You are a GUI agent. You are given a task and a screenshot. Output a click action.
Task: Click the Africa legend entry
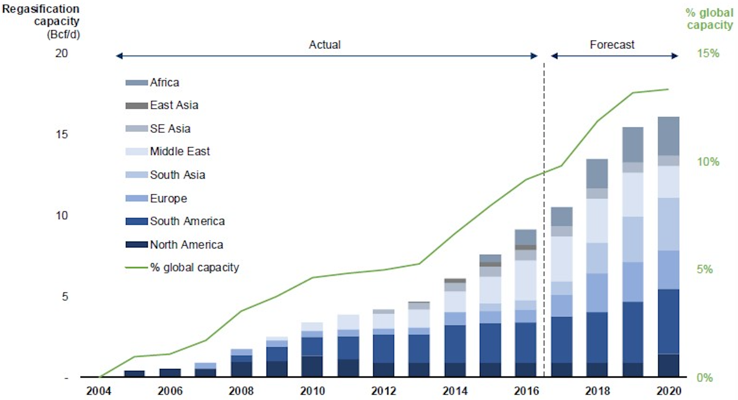point(164,82)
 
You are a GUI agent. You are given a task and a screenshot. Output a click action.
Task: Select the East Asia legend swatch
point(137,105)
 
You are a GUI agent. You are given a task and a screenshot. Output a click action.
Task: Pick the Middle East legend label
point(180,151)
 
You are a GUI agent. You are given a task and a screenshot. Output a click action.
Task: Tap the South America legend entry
point(187,221)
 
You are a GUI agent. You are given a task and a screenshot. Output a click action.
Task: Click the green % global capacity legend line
point(136,268)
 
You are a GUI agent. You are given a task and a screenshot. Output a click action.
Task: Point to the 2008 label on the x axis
point(241,391)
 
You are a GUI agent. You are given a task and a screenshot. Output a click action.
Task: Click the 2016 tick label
point(526,391)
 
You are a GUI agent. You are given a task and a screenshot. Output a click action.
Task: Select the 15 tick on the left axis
point(62,135)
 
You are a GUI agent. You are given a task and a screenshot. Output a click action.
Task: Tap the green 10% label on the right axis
point(708,162)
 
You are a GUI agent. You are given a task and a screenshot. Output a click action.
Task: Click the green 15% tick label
point(708,53)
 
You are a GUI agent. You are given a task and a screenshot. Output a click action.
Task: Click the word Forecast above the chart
point(612,45)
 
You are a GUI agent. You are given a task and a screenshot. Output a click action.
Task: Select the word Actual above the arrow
point(325,45)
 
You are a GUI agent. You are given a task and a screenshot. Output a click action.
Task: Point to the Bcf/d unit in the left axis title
point(63,34)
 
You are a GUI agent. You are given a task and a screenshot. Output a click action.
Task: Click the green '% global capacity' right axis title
point(710,19)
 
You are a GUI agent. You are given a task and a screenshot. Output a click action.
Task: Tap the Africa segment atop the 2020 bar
point(668,136)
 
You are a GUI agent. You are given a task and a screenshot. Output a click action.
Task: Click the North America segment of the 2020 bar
point(668,365)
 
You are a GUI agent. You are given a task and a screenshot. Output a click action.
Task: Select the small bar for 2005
point(134,373)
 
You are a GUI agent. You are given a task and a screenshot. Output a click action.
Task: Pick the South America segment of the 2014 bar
point(455,344)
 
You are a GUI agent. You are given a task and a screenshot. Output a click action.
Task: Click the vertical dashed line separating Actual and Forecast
point(544,220)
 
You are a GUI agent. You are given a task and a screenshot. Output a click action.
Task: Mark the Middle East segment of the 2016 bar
point(525,280)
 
